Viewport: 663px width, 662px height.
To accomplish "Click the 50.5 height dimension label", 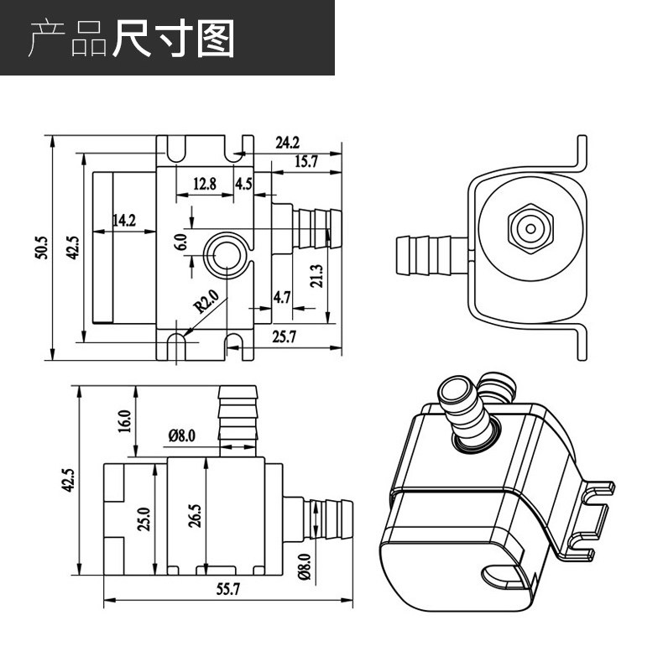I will [41, 248].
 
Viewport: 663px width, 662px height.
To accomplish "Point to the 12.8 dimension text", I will [204, 183].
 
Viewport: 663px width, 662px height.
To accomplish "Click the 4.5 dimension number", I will [243, 183].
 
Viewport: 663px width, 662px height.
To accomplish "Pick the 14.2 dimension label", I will [123, 221].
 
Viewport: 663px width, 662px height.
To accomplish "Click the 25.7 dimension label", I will [286, 336].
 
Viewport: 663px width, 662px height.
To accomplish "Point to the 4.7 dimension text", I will [282, 296].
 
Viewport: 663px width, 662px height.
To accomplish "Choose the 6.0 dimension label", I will [180, 242].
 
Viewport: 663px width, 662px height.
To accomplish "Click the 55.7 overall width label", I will [227, 589].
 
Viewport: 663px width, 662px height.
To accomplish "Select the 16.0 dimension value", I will [125, 420].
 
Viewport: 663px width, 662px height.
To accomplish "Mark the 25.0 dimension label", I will [144, 518].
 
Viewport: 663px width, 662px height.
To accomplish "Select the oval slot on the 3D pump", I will [504, 576].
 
